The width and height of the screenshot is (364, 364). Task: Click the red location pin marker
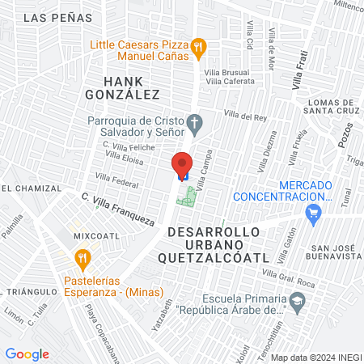(x=183, y=163)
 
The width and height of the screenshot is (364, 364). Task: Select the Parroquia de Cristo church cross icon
(x=193, y=123)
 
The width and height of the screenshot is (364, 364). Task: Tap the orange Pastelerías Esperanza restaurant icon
(x=82, y=259)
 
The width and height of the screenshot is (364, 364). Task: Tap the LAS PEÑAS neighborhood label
(x=53, y=17)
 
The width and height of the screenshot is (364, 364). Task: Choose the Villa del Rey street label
(x=245, y=116)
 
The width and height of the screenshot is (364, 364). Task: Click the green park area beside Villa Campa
(x=188, y=197)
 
